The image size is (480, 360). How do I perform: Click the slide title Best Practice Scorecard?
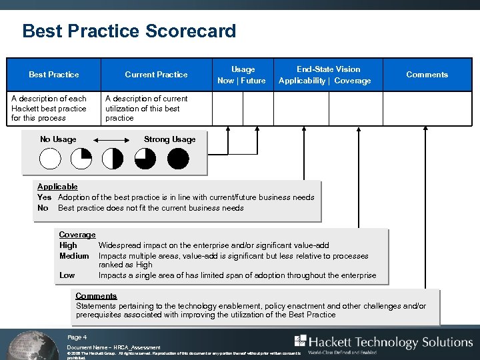tap(129, 31)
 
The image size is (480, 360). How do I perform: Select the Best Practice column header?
tap(53, 75)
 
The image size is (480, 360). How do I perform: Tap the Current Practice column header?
tap(156, 75)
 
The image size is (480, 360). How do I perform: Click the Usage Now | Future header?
tap(242, 75)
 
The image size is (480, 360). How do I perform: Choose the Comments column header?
tap(427, 75)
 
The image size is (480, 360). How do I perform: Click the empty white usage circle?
tap(50, 159)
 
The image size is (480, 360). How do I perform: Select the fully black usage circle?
tap(178, 159)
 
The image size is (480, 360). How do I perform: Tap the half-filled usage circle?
tap(113, 159)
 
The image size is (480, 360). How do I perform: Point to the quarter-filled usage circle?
tap(81, 159)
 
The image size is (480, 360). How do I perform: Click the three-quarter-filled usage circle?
tap(145, 159)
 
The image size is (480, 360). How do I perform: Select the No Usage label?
tap(58, 139)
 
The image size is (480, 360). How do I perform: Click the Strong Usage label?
tap(169, 139)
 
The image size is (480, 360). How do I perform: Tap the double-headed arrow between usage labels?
tap(110, 140)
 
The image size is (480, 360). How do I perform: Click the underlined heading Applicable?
tap(57, 187)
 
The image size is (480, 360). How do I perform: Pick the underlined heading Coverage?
tap(77, 235)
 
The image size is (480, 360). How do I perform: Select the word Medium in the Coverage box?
tap(74, 256)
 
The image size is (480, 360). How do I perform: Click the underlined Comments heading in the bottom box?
tap(96, 296)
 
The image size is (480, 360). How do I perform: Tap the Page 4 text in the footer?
tap(77, 337)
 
